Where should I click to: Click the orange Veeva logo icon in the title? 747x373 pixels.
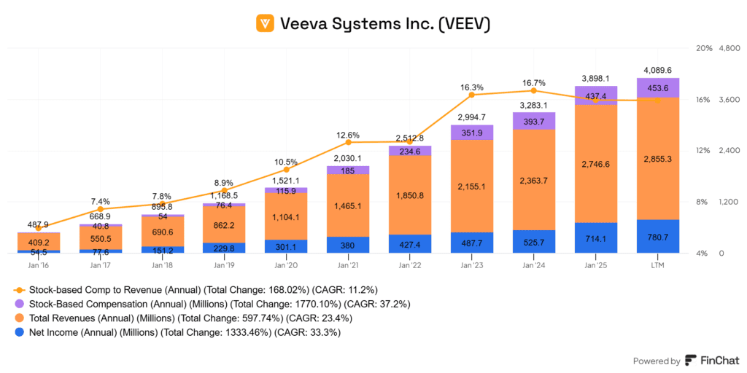(266, 23)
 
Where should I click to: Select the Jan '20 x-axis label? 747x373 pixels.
(286, 264)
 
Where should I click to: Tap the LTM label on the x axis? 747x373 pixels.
(657, 264)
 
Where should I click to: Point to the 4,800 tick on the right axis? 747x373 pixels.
(730, 48)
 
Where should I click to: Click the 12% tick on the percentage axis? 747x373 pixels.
(703, 151)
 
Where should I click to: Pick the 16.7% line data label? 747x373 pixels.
(534, 82)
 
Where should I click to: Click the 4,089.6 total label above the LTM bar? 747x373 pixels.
(657, 70)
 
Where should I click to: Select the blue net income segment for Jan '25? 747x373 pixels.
(596, 237)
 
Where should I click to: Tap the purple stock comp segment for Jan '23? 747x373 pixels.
(472, 132)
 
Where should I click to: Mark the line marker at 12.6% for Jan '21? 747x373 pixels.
(348, 142)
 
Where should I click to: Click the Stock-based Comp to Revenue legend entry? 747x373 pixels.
(197, 289)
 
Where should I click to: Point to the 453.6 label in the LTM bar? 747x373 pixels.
(657, 88)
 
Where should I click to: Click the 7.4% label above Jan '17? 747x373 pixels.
(101, 201)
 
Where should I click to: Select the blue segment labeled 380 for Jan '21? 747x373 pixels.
(348, 246)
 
